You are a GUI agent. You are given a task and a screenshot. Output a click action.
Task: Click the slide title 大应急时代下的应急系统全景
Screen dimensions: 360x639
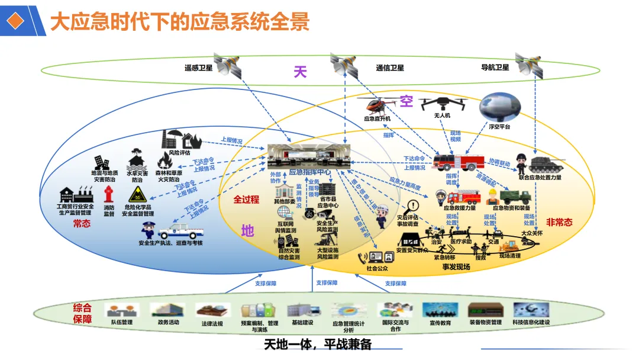pyautogui.click(x=179, y=22)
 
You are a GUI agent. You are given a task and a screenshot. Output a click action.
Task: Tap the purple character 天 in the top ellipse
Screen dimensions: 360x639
pyautogui.click(x=301, y=72)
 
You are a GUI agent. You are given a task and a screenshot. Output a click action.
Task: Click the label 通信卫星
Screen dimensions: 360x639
pyautogui.click(x=390, y=68)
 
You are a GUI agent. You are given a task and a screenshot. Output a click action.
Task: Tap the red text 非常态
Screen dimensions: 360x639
pyautogui.click(x=559, y=222)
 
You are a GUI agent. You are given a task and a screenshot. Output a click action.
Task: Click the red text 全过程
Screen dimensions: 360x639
pyautogui.click(x=246, y=200)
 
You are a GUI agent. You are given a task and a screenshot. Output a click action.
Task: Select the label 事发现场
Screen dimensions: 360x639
pyautogui.click(x=456, y=267)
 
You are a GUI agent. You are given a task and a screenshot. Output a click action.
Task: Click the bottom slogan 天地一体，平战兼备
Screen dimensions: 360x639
pyautogui.click(x=317, y=345)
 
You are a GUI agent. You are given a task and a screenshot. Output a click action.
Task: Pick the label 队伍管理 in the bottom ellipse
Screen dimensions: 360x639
pyautogui.click(x=122, y=323)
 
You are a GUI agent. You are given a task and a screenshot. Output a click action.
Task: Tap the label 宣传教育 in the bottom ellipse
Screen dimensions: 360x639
pyautogui.click(x=440, y=323)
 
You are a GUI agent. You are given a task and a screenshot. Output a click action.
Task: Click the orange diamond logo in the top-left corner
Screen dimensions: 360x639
pyautogui.click(x=18, y=20)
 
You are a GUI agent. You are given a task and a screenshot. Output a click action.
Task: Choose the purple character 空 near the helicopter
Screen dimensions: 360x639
pyautogui.click(x=406, y=101)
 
